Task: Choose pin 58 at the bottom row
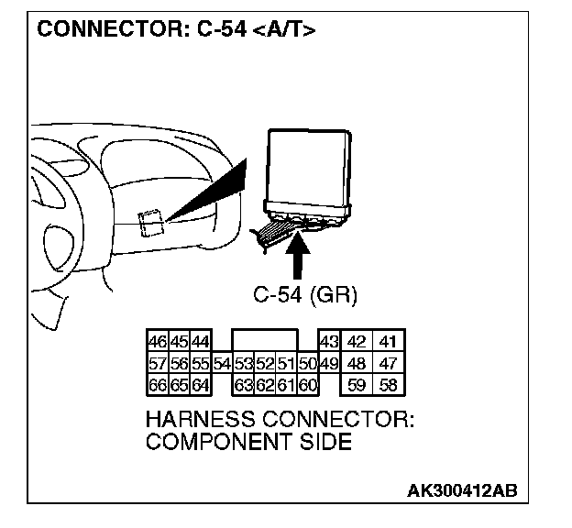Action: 388,385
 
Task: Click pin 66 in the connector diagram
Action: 156,385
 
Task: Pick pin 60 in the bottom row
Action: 307,385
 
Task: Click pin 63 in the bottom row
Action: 243,385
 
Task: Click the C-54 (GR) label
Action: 304,295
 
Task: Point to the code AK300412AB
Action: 462,490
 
